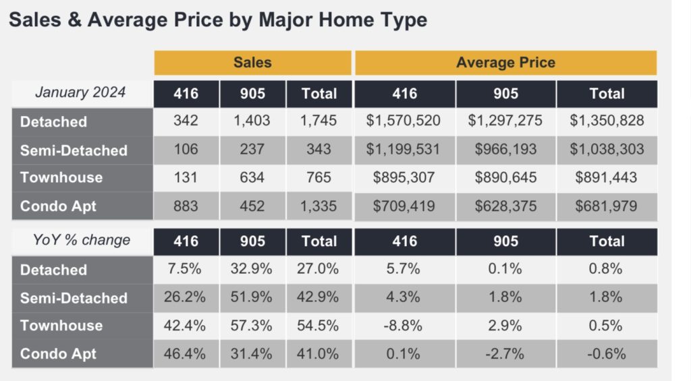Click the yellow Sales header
point(252,63)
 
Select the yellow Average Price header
point(506,63)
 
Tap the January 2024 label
point(80,92)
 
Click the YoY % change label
point(82,240)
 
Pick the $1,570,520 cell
point(404,120)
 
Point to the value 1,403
point(252,120)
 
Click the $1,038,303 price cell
point(607,149)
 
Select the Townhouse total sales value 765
point(319,177)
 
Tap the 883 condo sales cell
point(186,206)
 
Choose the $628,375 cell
point(505,206)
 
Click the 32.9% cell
point(251,268)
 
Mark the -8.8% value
point(403,326)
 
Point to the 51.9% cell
point(251,297)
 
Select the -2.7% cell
point(505,354)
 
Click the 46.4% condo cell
point(185,354)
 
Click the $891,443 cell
point(606,177)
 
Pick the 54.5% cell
point(318,326)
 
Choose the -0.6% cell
point(607,354)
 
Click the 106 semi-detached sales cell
point(186,149)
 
